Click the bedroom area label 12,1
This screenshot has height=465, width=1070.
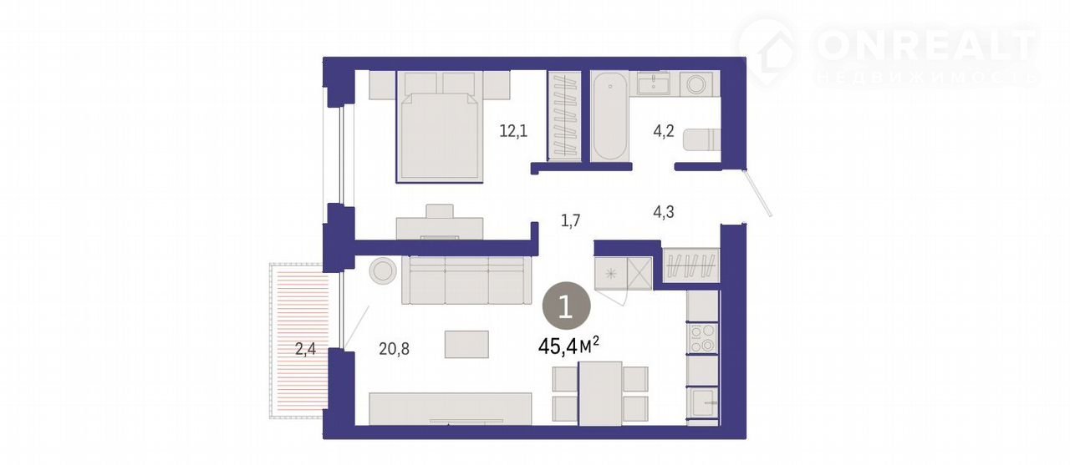click(x=513, y=131)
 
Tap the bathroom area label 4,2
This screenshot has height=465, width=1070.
click(x=664, y=130)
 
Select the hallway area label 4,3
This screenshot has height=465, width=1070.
click(x=664, y=211)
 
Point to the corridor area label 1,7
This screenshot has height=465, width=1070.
click(x=570, y=220)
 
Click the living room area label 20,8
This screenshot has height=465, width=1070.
click(x=394, y=349)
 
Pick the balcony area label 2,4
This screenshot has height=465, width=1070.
click(x=305, y=349)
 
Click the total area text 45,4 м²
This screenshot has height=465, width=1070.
click(x=568, y=346)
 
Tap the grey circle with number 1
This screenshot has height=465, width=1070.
click(x=567, y=306)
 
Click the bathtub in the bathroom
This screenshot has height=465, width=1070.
click(x=609, y=117)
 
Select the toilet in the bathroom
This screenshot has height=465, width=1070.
click(x=701, y=139)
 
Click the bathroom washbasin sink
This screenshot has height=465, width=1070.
click(x=653, y=84)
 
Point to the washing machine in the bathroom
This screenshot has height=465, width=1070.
click(x=696, y=84)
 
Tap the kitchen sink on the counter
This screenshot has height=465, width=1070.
click(x=703, y=402)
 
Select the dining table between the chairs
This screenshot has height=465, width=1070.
click(x=600, y=393)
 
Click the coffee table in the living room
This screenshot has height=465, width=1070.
click(x=466, y=344)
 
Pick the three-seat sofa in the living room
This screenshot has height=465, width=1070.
click(x=466, y=280)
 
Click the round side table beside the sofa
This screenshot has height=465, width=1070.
click(x=383, y=270)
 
